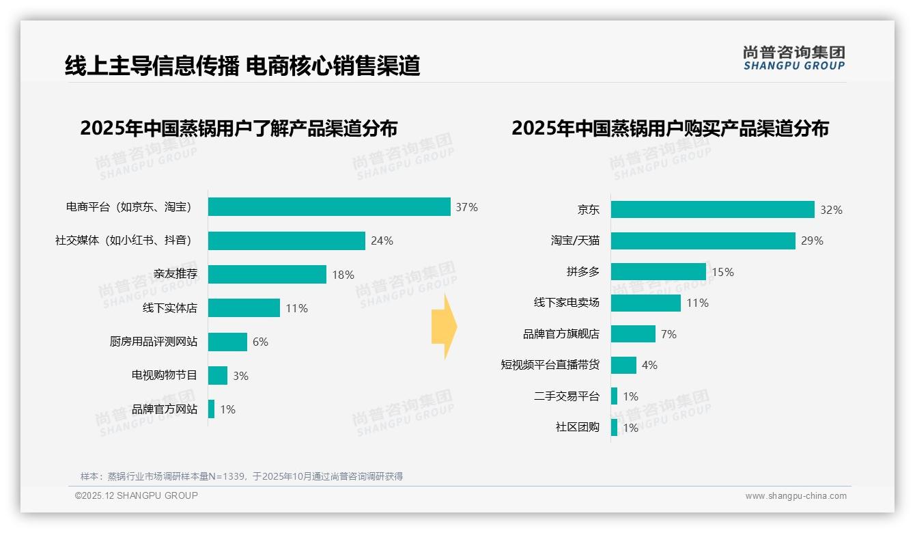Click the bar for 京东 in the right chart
tap(712, 210)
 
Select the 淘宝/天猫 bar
tap(703, 241)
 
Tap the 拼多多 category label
tap(582, 272)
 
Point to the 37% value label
tap(467, 207)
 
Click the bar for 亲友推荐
tap(267, 274)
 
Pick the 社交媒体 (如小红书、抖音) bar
tap(286, 241)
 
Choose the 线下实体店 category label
tap(169, 308)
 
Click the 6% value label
tap(260, 342)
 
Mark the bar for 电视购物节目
tap(218, 375)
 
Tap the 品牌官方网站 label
tap(165, 409)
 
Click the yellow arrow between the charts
tap(444, 327)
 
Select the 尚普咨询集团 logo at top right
tap(793, 58)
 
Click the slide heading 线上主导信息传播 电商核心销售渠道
tap(242, 66)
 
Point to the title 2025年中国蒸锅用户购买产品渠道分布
tap(670, 128)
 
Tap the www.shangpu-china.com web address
tap(796, 496)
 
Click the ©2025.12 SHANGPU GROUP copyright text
tap(137, 495)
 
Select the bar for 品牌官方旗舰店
tap(633, 333)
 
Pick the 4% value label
tap(649, 366)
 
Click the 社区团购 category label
tap(577, 427)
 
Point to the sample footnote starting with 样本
tap(242, 476)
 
